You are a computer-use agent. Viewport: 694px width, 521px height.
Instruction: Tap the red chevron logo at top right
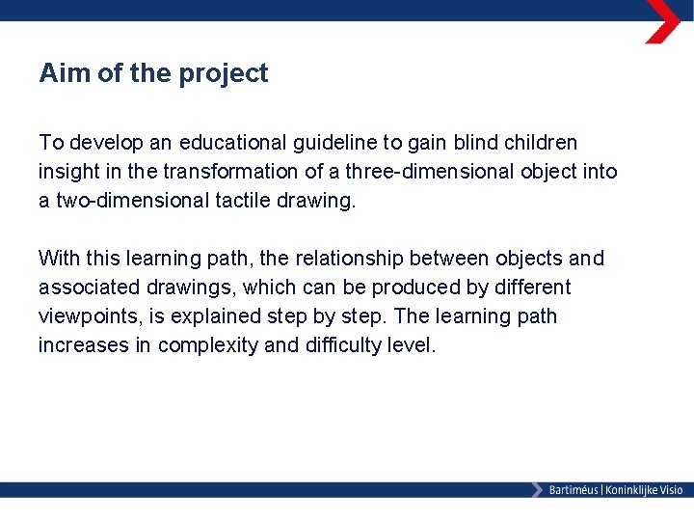(x=663, y=21)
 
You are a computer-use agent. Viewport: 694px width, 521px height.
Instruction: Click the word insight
(x=69, y=172)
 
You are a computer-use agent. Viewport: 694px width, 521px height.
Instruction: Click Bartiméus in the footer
(x=574, y=490)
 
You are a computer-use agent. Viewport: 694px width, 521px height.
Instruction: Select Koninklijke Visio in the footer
(x=644, y=490)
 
